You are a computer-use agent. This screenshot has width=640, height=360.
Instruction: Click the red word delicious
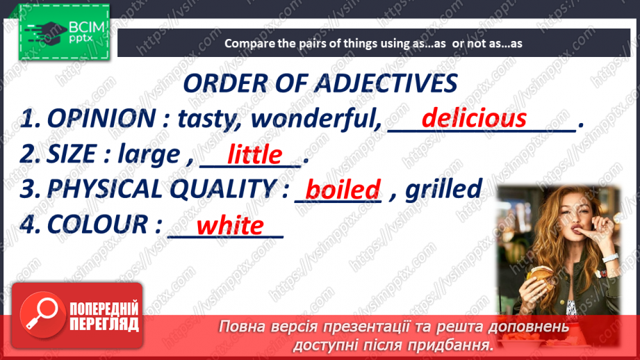coord(474,118)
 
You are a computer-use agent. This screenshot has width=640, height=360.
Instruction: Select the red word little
coord(255,154)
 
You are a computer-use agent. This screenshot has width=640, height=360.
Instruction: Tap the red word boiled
coord(343,190)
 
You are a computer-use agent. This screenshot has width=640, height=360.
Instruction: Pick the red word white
coord(230,225)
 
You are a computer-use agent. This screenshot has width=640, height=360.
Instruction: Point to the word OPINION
coord(101,118)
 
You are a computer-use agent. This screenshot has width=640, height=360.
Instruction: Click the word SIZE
coord(72,154)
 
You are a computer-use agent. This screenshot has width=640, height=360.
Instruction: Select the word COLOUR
coord(97,224)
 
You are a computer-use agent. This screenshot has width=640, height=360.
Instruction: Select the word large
coord(149,155)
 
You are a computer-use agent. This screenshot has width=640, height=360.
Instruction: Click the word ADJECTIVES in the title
coord(385,83)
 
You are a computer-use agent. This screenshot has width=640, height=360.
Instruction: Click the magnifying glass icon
coord(42,315)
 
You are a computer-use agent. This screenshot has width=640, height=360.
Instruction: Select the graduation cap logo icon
coord(46,31)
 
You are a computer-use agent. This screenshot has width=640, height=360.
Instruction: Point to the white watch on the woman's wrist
coord(610,259)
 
